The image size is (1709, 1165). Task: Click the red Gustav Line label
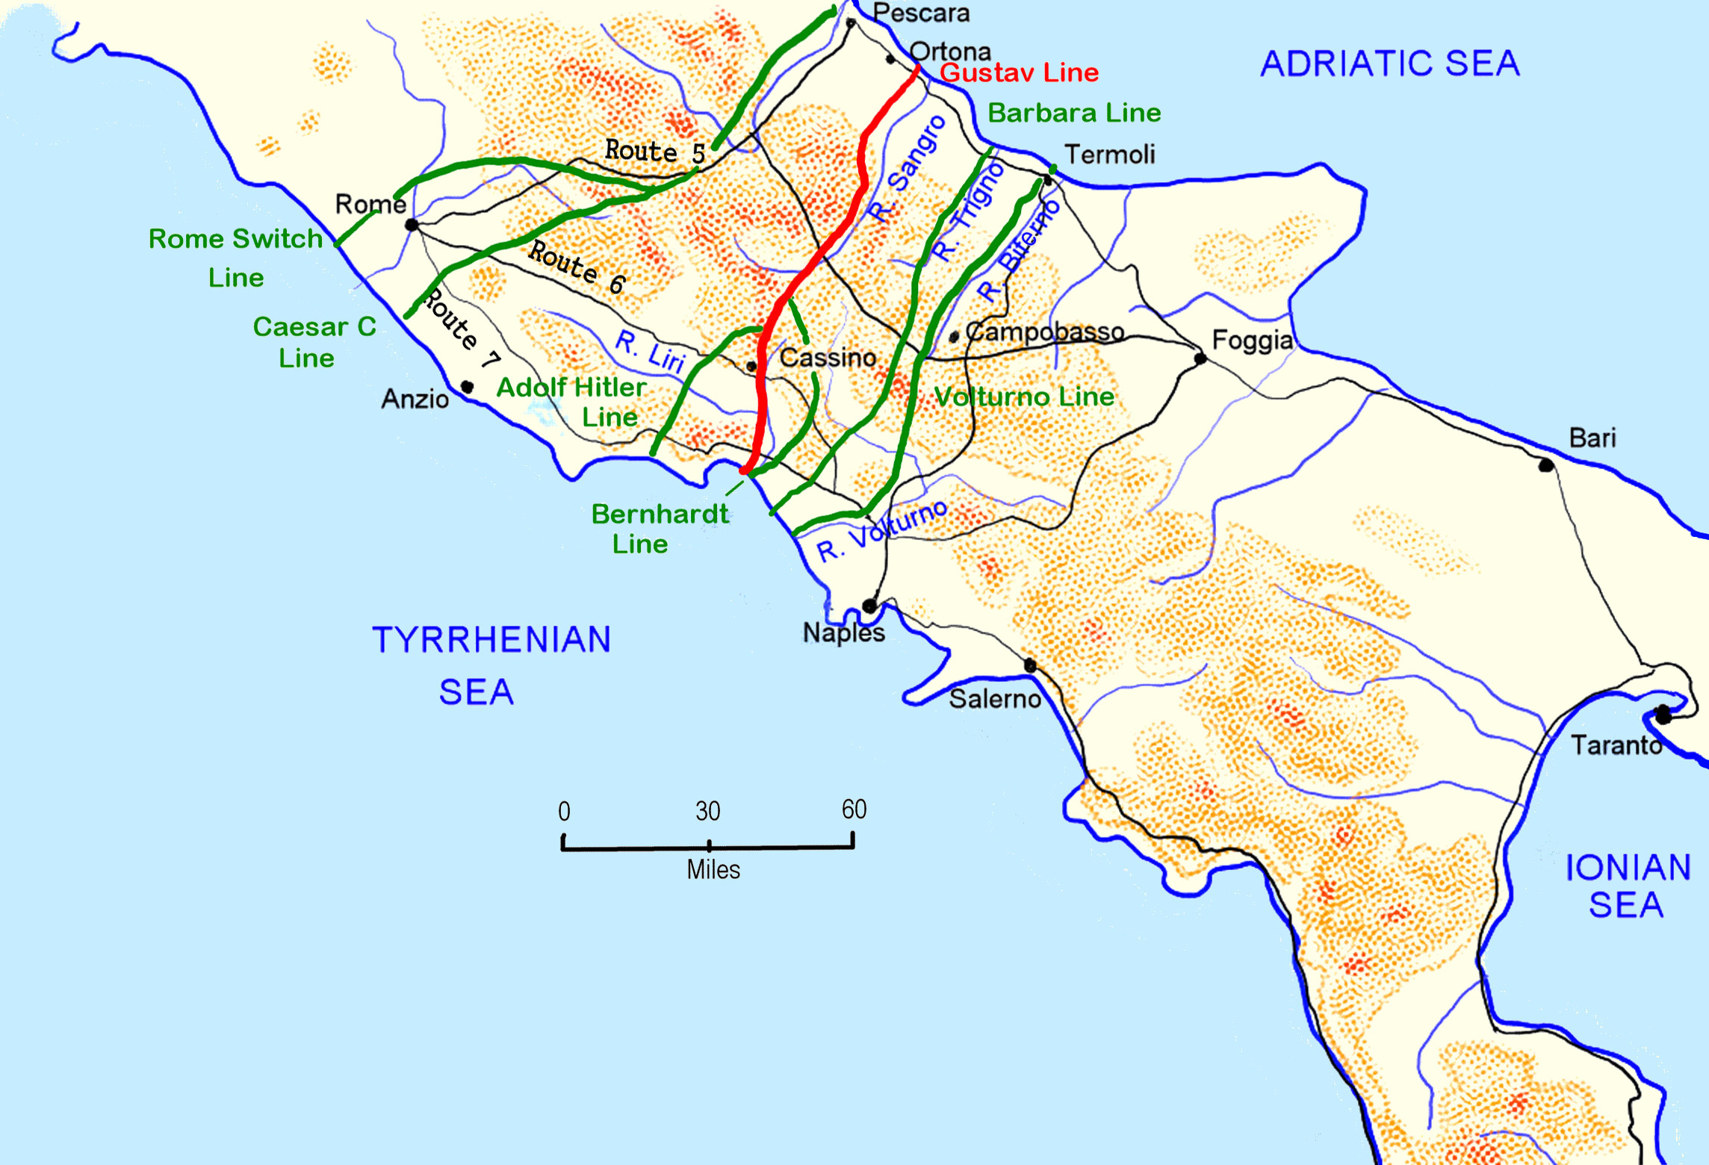click(1019, 73)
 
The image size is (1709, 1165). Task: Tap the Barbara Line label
click(1074, 114)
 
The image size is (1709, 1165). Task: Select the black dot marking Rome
click(412, 225)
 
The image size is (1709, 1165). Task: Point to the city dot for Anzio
click(467, 387)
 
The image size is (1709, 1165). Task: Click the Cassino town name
click(828, 358)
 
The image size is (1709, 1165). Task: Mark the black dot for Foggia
click(1200, 358)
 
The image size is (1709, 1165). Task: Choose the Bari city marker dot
click(1546, 466)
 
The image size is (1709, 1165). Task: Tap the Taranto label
click(1616, 745)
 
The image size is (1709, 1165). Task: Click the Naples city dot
click(869, 606)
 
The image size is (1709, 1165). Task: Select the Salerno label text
click(995, 699)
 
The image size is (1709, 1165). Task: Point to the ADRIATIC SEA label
click(1390, 63)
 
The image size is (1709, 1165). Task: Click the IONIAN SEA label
click(1628, 886)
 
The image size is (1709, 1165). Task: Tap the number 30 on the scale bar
click(707, 811)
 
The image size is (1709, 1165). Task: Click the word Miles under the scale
click(713, 870)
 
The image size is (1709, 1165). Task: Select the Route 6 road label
click(577, 267)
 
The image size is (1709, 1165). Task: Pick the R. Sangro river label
click(908, 169)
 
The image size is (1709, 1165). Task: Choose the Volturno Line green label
click(1024, 397)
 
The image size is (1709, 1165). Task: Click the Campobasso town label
click(1045, 332)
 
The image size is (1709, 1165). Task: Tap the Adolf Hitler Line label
click(572, 402)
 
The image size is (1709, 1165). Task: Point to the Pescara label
click(921, 13)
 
